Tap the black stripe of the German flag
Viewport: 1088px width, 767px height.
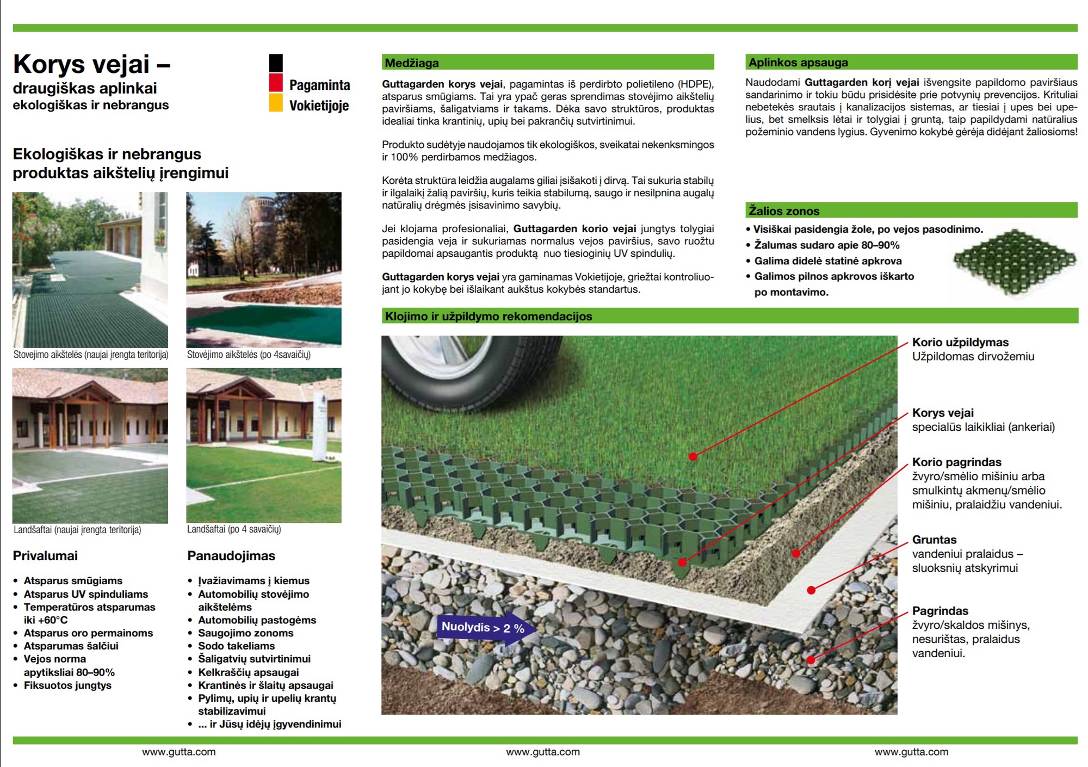[276, 63]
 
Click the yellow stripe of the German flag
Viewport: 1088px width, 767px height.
[276, 103]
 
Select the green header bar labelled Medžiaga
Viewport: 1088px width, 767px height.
[547, 63]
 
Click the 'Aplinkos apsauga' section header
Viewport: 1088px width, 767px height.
[911, 62]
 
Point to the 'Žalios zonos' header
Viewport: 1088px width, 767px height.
[911, 211]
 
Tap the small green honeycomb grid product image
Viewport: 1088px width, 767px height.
[1015, 262]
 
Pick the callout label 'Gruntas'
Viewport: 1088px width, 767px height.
[934, 540]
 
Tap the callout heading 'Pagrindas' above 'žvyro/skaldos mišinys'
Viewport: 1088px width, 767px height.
[940, 611]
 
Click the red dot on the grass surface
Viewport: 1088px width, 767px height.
[693, 456]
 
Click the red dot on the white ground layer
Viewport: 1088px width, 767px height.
[811, 590]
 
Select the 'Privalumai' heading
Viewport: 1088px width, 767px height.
[45, 555]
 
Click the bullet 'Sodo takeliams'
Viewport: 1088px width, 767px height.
[236, 646]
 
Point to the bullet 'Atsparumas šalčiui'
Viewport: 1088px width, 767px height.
[71, 646]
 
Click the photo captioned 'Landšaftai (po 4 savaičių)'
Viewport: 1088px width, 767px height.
[264, 446]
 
